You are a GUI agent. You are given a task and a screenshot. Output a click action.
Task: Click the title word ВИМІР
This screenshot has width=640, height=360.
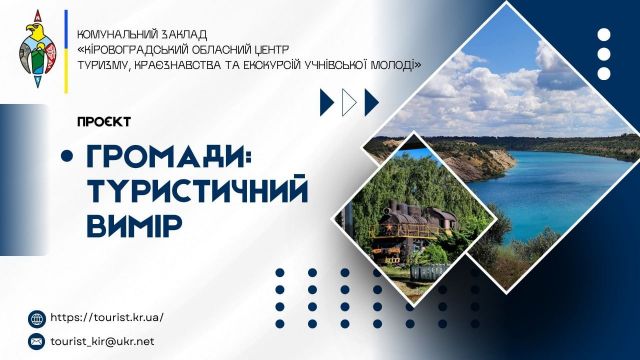(x=134, y=223)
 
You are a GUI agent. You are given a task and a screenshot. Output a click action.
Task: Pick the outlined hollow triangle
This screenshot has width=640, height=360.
(x=348, y=101)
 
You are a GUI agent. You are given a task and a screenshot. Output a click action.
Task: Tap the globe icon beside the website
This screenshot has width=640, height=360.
(x=38, y=318)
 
